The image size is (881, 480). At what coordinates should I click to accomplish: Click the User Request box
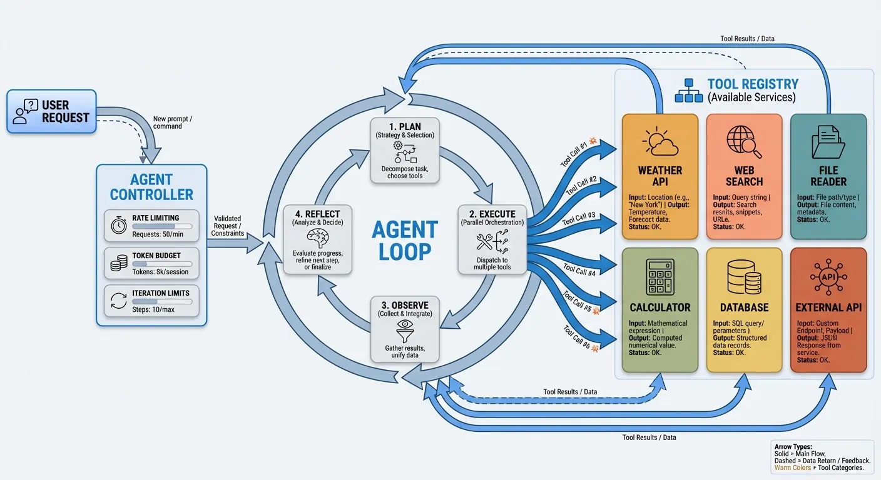pyautogui.click(x=52, y=111)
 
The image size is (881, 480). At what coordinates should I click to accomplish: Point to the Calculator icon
pyautogui.click(x=659, y=277)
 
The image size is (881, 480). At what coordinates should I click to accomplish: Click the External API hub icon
pyautogui.click(x=828, y=277)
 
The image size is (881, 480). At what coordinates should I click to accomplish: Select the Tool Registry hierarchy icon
pyautogui.click(x=689, y=91)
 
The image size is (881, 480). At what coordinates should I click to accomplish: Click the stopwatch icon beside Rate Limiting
pyautogui.click(x=119, y=226)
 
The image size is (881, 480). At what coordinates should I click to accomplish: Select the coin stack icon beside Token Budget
pyautogui.click(x=119, y=264)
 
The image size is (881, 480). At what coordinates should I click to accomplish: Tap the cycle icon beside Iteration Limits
pyautogui.click(x=119, y=301)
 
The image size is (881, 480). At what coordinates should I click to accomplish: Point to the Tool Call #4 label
pyautogui.click(x=579, y=269)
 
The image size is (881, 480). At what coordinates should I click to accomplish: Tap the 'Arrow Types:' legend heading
pyautogui.click(x=792, y=447)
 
